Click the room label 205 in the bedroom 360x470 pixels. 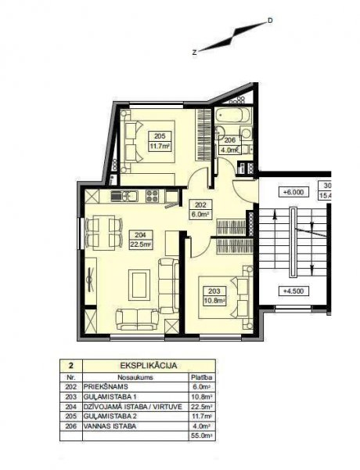pos(160,136)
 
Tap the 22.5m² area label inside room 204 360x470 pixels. pos(140,244)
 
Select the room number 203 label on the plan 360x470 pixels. pos(214,291)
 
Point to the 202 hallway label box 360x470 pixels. pos(200,209)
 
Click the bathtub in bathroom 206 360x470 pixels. pos(233,116)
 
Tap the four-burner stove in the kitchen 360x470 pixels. pos(152,196)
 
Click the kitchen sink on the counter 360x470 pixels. pos(124,197)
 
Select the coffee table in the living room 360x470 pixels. pos(139,285)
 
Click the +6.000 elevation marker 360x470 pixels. pos(293,192)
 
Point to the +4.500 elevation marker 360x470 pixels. pos(293,291)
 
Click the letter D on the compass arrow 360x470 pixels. pos(270,20)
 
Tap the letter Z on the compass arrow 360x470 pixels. pos(195,52)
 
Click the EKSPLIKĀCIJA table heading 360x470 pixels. pos(149,366)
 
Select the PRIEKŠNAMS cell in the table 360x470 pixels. pos(106,387)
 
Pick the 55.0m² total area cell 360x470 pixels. pos(203,436)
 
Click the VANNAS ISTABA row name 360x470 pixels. pos(110,426)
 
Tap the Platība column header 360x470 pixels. pos(202,377)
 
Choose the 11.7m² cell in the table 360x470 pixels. pos(203,417)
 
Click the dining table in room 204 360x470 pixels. pos(103,233)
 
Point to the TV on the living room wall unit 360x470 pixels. pos(90,280)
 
